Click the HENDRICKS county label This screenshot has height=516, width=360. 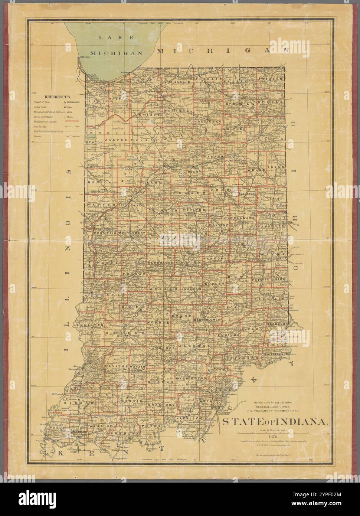point(161,262)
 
